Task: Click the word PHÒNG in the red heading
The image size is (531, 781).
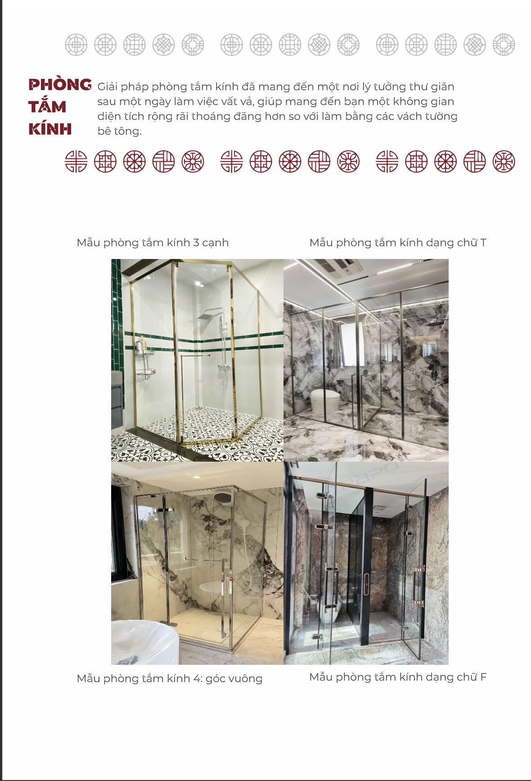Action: [60, 85]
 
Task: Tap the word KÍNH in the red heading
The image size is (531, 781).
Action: [50, 129]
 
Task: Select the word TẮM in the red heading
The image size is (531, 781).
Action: [47, 106]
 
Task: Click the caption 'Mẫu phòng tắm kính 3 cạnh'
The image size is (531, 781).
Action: [153, 243]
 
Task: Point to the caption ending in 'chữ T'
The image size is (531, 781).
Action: [398, 243]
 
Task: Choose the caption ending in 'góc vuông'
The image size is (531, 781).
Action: [170, 678]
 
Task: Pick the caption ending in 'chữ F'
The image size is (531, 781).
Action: [398, 677]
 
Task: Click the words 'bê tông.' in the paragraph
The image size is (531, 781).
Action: [119, 131]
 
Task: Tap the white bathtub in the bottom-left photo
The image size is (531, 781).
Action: [144, 642]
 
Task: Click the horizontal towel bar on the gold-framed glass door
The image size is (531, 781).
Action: [196, 355]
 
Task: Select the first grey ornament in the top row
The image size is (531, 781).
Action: [76, 45]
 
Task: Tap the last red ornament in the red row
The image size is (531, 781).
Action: [504, 162]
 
